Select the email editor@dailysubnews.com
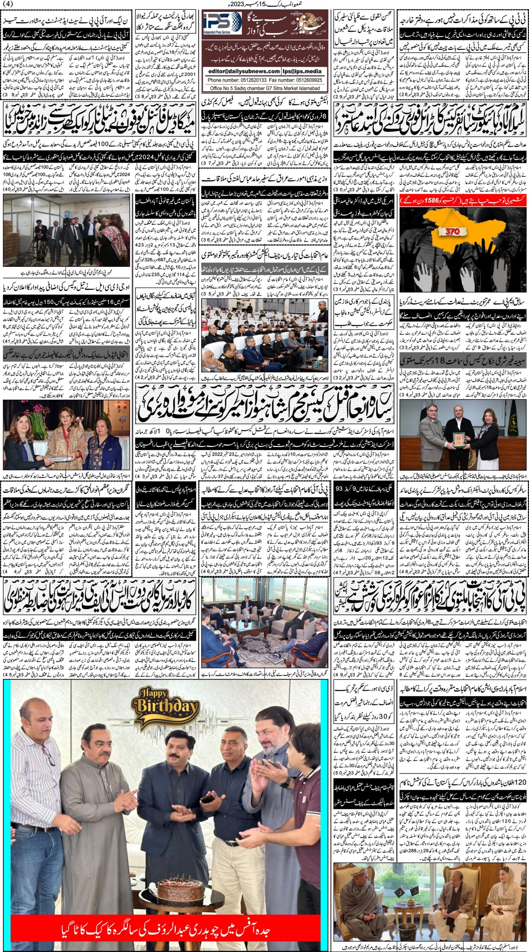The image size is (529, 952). pos(244,71)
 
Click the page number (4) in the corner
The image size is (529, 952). pos(7,4)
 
